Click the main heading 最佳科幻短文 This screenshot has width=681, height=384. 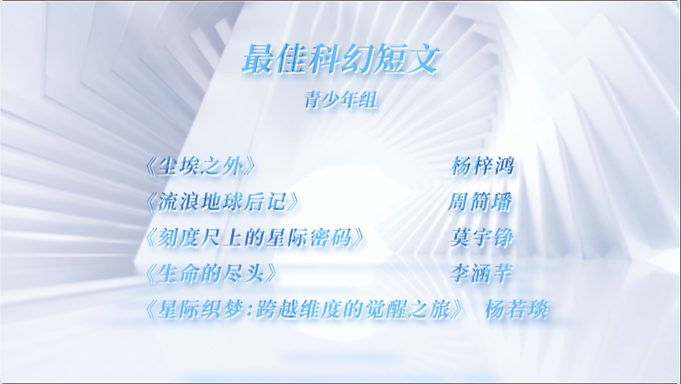[x=341, y=59]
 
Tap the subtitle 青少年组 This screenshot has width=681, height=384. [x=340, y=100]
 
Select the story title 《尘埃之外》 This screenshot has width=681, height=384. [x=200, y=166]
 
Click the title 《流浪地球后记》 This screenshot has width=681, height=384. [x=222, y=202]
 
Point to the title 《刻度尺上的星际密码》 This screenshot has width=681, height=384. [x=254, y=238]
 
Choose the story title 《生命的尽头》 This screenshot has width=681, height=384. [x=211, y=274]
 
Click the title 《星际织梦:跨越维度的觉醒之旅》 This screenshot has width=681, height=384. [x=304, y=310]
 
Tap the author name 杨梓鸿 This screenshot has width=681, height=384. [x=482, y=166]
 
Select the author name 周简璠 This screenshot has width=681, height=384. [x=480, y=202]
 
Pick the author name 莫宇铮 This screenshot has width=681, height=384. [x=482, y=238]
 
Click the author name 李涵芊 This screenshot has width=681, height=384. [x=481, y=274]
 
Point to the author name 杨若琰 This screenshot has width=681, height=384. [x=516, y=310]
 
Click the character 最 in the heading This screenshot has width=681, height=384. [x=258, y=59]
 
